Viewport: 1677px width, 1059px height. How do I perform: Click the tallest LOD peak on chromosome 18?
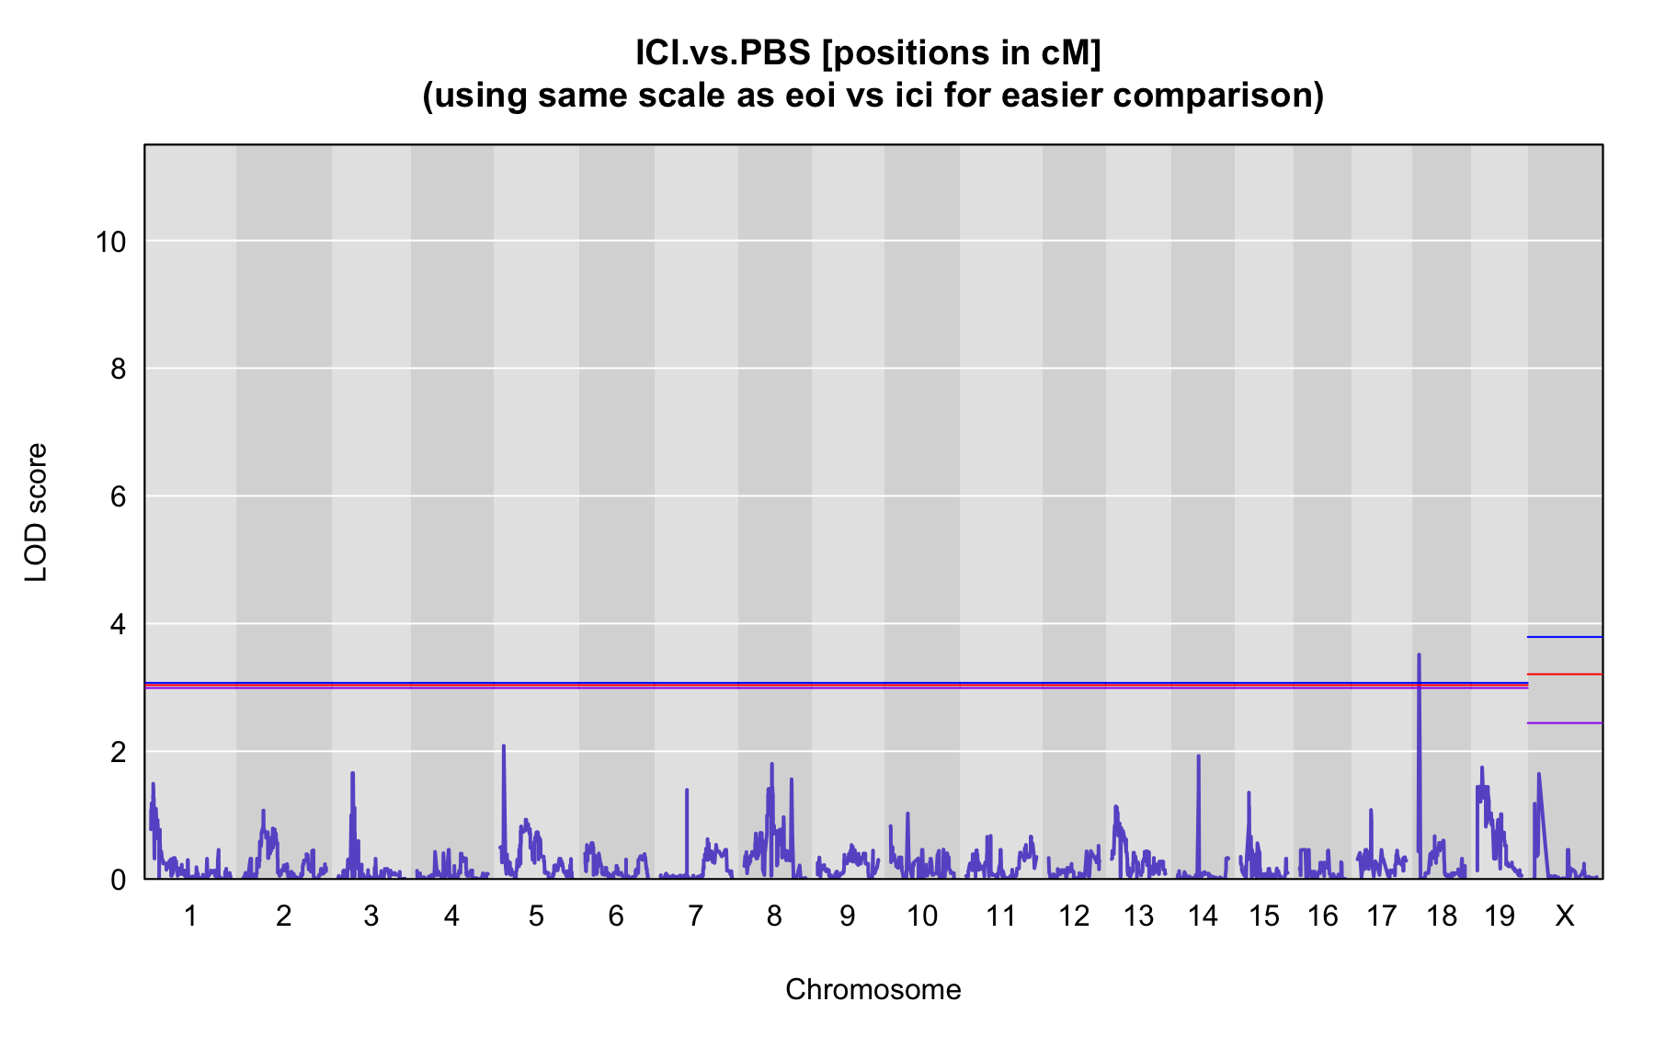(1419, 655)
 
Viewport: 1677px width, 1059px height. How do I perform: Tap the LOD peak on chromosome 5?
(504, 746)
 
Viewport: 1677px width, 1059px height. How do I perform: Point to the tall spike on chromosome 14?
(1198, 757)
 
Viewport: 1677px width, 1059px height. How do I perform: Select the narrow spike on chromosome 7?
(687, 791)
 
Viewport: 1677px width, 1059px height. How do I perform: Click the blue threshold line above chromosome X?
(1565, 637)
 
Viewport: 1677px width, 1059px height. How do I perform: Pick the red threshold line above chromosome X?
(1565, 675)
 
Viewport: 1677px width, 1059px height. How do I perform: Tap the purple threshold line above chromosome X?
(1565, 723)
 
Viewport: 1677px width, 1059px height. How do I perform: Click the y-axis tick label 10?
(110, 242)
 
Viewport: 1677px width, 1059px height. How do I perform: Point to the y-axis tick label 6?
(118, 497)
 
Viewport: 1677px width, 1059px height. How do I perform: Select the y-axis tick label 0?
(118, 880)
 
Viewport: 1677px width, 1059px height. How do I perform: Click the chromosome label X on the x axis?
(1565, 916)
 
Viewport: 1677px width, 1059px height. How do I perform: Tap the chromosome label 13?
(1138, 916)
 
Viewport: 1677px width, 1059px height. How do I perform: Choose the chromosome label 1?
(190, 916)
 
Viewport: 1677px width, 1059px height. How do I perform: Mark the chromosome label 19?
(1500, 916)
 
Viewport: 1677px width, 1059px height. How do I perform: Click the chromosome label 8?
(774, 916)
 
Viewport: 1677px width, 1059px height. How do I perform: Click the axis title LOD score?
(36, 512)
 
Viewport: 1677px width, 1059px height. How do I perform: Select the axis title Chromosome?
(873, 989)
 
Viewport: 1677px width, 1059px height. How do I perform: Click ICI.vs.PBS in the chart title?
(724, 52)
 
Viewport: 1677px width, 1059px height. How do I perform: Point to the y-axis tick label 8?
(118, 370)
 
